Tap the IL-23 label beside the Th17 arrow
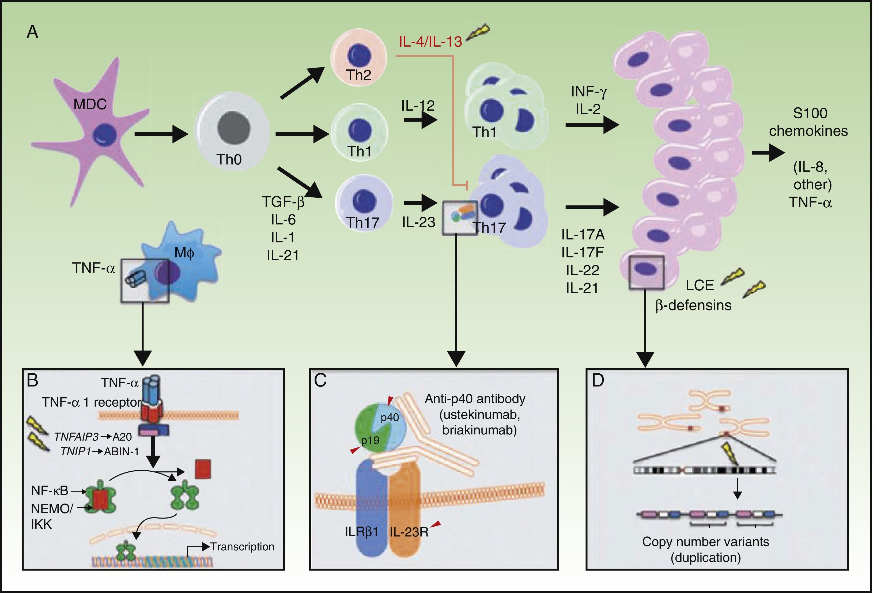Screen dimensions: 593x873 point(418,222)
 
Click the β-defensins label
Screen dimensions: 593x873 point(693,305)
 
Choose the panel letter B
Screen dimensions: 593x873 point(33,381)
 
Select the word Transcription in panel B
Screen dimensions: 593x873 point(242,546)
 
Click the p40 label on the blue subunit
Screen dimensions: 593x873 point(390,417)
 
